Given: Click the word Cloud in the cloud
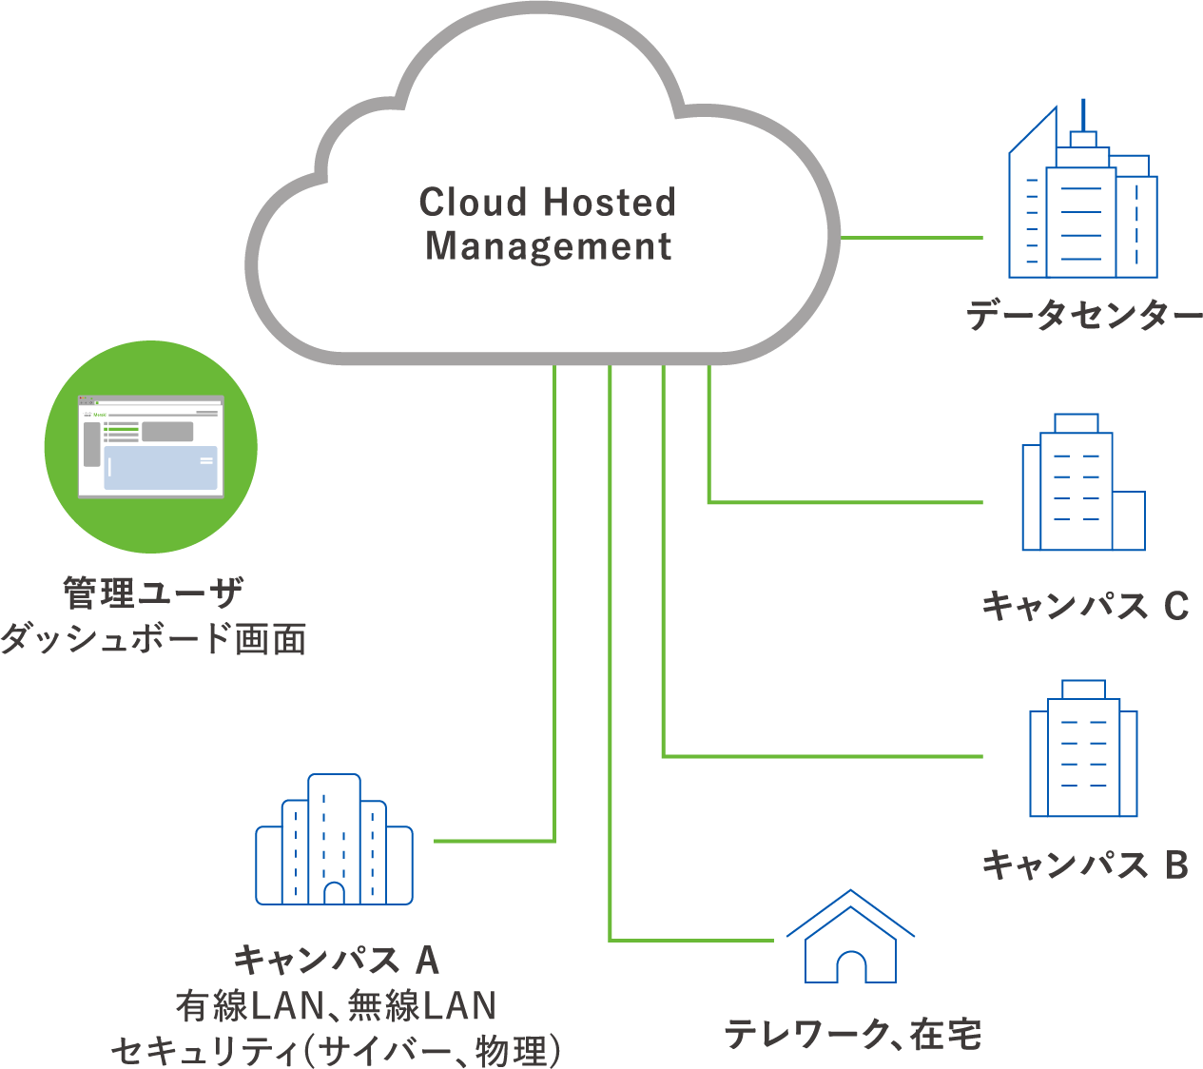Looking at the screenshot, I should point(473,203).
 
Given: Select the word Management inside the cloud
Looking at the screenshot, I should point(548,246).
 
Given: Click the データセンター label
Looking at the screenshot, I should point(1085,315).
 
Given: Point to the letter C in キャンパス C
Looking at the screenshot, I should point(1176,606).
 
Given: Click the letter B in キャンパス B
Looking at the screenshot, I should point(1176,865).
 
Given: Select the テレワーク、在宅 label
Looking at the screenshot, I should point(853,1035).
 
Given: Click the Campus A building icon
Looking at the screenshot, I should point(334,841).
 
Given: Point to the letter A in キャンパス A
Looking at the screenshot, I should point(428,961).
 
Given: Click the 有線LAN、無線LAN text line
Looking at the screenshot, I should point(336,1006).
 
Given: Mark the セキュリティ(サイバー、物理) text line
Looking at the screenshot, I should point(336,1051).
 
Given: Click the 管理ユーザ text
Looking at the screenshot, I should point(153,593).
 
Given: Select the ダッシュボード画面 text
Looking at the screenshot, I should point(153,638).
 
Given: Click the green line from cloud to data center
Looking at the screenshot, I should point(911,237).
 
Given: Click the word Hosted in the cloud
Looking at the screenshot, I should point(610,203).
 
